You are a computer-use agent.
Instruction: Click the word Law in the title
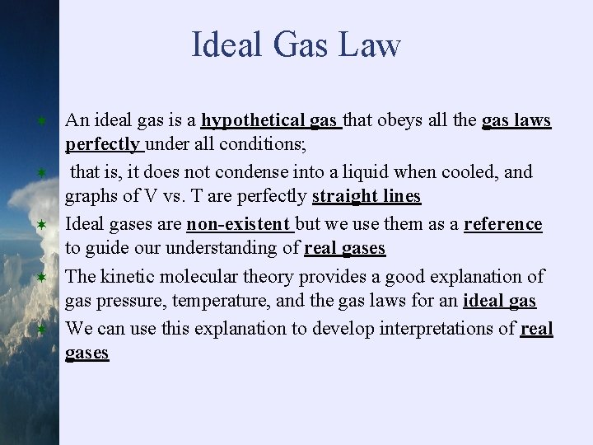click(372, 45)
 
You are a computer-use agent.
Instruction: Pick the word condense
click(258, 172)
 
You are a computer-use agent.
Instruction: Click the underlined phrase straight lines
click(367, 197)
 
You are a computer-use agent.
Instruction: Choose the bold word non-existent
click(239, 224)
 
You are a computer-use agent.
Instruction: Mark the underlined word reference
click(502, 224)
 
